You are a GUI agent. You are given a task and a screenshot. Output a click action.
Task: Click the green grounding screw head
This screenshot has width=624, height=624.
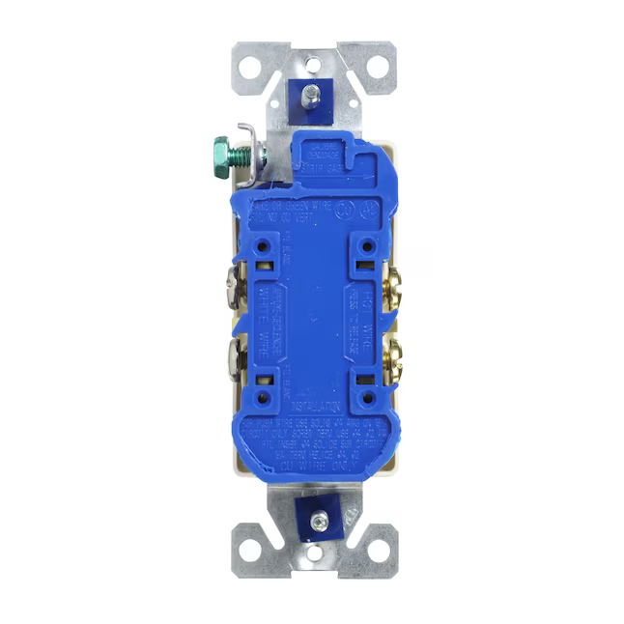(221, 152)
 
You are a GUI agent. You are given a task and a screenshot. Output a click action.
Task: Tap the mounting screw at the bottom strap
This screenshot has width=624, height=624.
(319, 522)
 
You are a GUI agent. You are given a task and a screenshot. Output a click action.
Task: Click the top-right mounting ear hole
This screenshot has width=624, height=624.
(376, 68)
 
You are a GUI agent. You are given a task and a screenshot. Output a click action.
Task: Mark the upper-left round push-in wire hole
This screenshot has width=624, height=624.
(262, 247)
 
